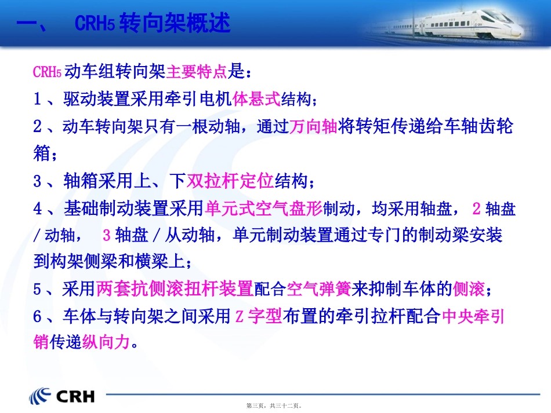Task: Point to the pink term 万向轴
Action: (313, 126)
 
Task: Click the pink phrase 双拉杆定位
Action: (230, 181)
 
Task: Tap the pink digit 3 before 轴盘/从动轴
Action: (106, 235)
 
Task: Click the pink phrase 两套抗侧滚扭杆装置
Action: (175, 288)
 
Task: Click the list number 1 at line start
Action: (38, 100)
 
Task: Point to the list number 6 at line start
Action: (38, 316)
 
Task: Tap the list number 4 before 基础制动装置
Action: (38, 209)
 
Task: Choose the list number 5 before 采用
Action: (38, 288)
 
